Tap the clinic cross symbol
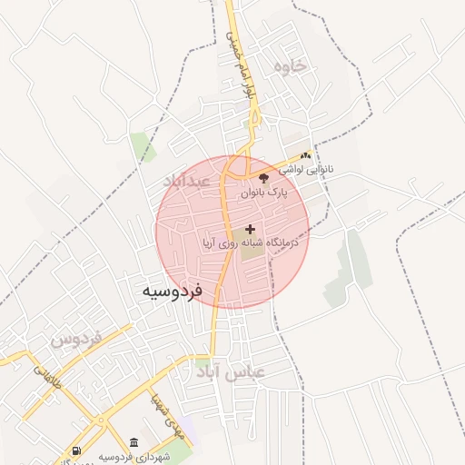[x=251, y=230]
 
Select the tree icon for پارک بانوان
[x=264, y=178]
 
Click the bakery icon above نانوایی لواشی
[x=305, y=155]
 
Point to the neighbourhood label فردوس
[x=74, y=341]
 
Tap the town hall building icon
[x=134, y=442]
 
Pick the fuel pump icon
[x=74, y=451]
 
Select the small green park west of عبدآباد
[x=140, y=145]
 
